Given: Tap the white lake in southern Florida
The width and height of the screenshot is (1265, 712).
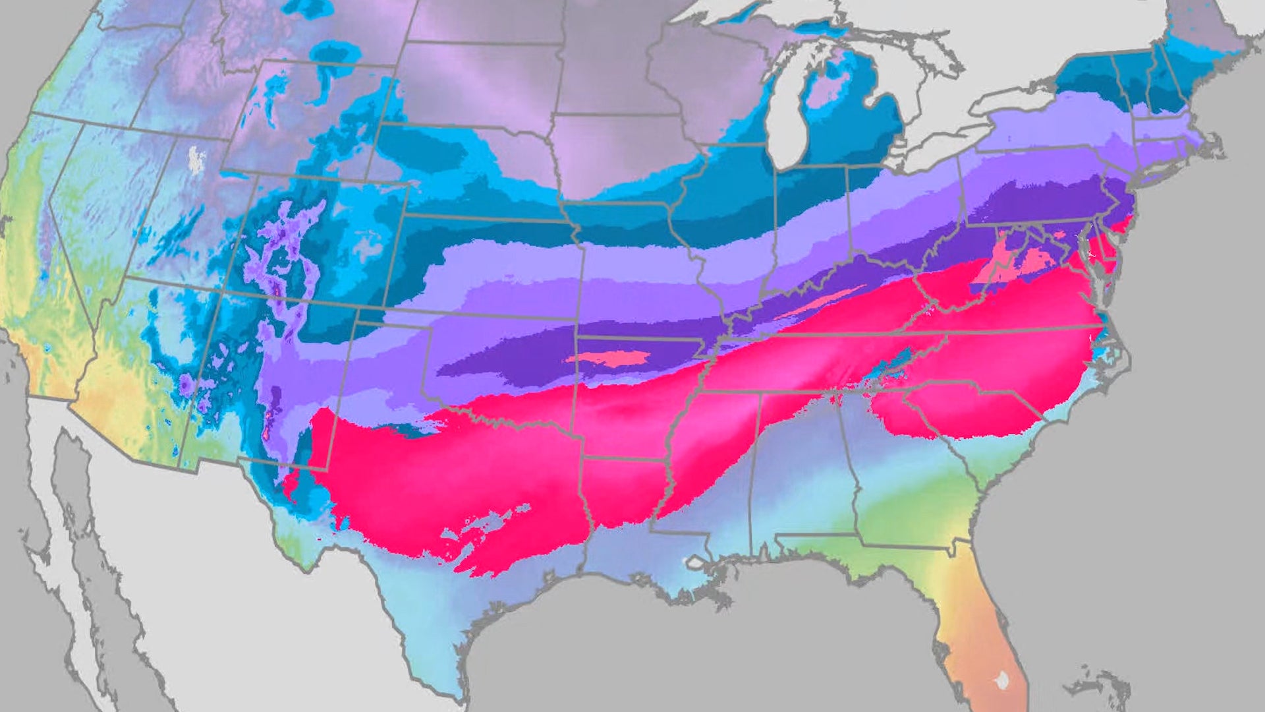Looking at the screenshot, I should click(1002, 680).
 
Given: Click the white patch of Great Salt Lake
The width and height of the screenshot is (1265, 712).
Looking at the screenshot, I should click(195, 160).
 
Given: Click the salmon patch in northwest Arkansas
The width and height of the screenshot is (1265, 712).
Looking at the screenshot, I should click(609, 359).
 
